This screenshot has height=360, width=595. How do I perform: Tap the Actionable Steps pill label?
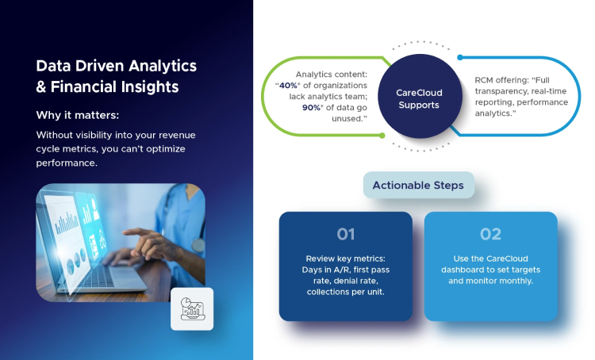click(418, 186)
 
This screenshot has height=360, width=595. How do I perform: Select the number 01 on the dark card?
click(345, 234)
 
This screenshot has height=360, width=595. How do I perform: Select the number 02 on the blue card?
click(490, 234)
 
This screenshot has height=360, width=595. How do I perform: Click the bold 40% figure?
click(288, 86)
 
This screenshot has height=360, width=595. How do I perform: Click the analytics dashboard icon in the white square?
click(192, 308)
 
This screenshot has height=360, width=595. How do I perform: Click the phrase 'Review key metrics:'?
click(345, 259)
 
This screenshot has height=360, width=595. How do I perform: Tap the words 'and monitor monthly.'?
click(490, 270)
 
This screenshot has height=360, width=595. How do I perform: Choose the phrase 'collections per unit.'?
click(345, 292)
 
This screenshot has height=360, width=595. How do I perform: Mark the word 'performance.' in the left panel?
click(67, 163)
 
